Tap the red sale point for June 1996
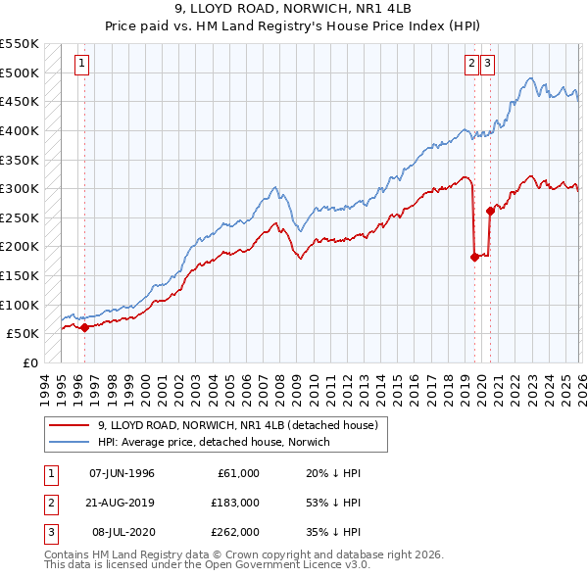pyautogui.click(x=84, y=327)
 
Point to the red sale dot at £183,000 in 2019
pyautogui.click(x=474, y=257)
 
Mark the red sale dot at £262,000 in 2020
pyautogui.click(x=490, y=211)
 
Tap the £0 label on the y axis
pyautogui.click(x=29, y=362)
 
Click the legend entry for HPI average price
pyautogui.click(x=214, y=442)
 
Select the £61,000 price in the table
pyautogui.click(x=235, y=473)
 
